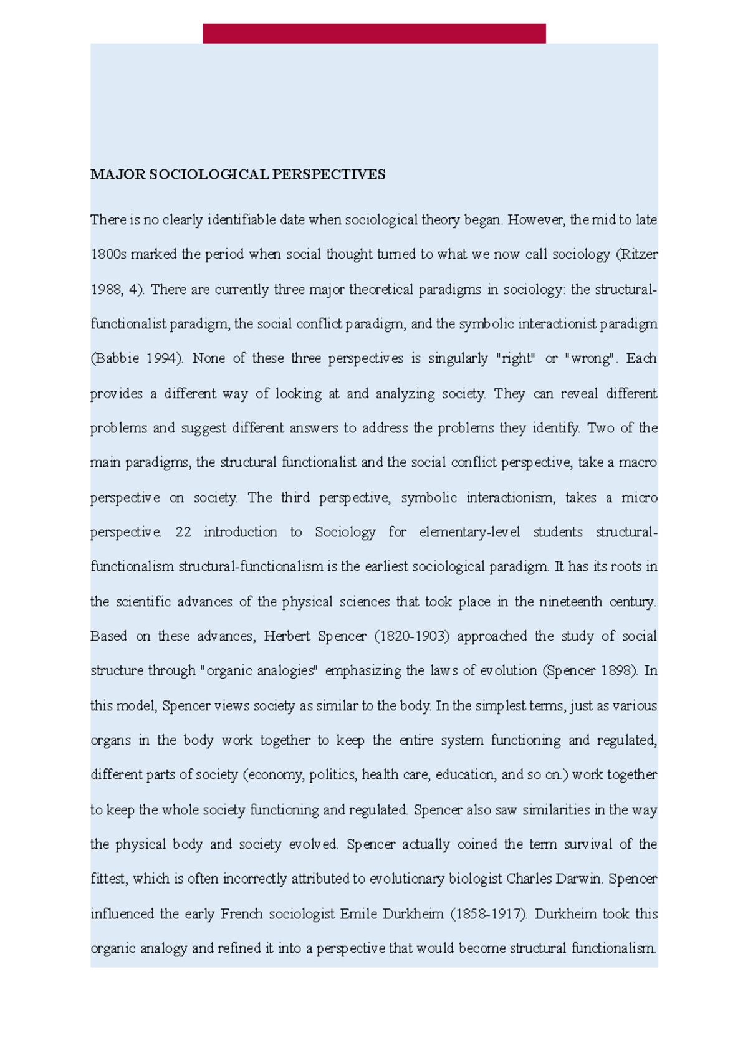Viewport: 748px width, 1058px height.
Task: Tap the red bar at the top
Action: click(374, 33)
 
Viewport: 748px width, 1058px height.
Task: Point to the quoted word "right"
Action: click(515, 359)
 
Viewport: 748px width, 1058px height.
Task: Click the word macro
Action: click(638, 463)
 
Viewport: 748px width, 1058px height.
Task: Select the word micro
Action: click(640, 498)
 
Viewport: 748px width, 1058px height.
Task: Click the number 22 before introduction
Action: click(183, 533)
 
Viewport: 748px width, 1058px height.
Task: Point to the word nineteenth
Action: click(570, 602)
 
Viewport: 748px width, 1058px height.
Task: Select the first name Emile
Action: click(359, 914)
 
